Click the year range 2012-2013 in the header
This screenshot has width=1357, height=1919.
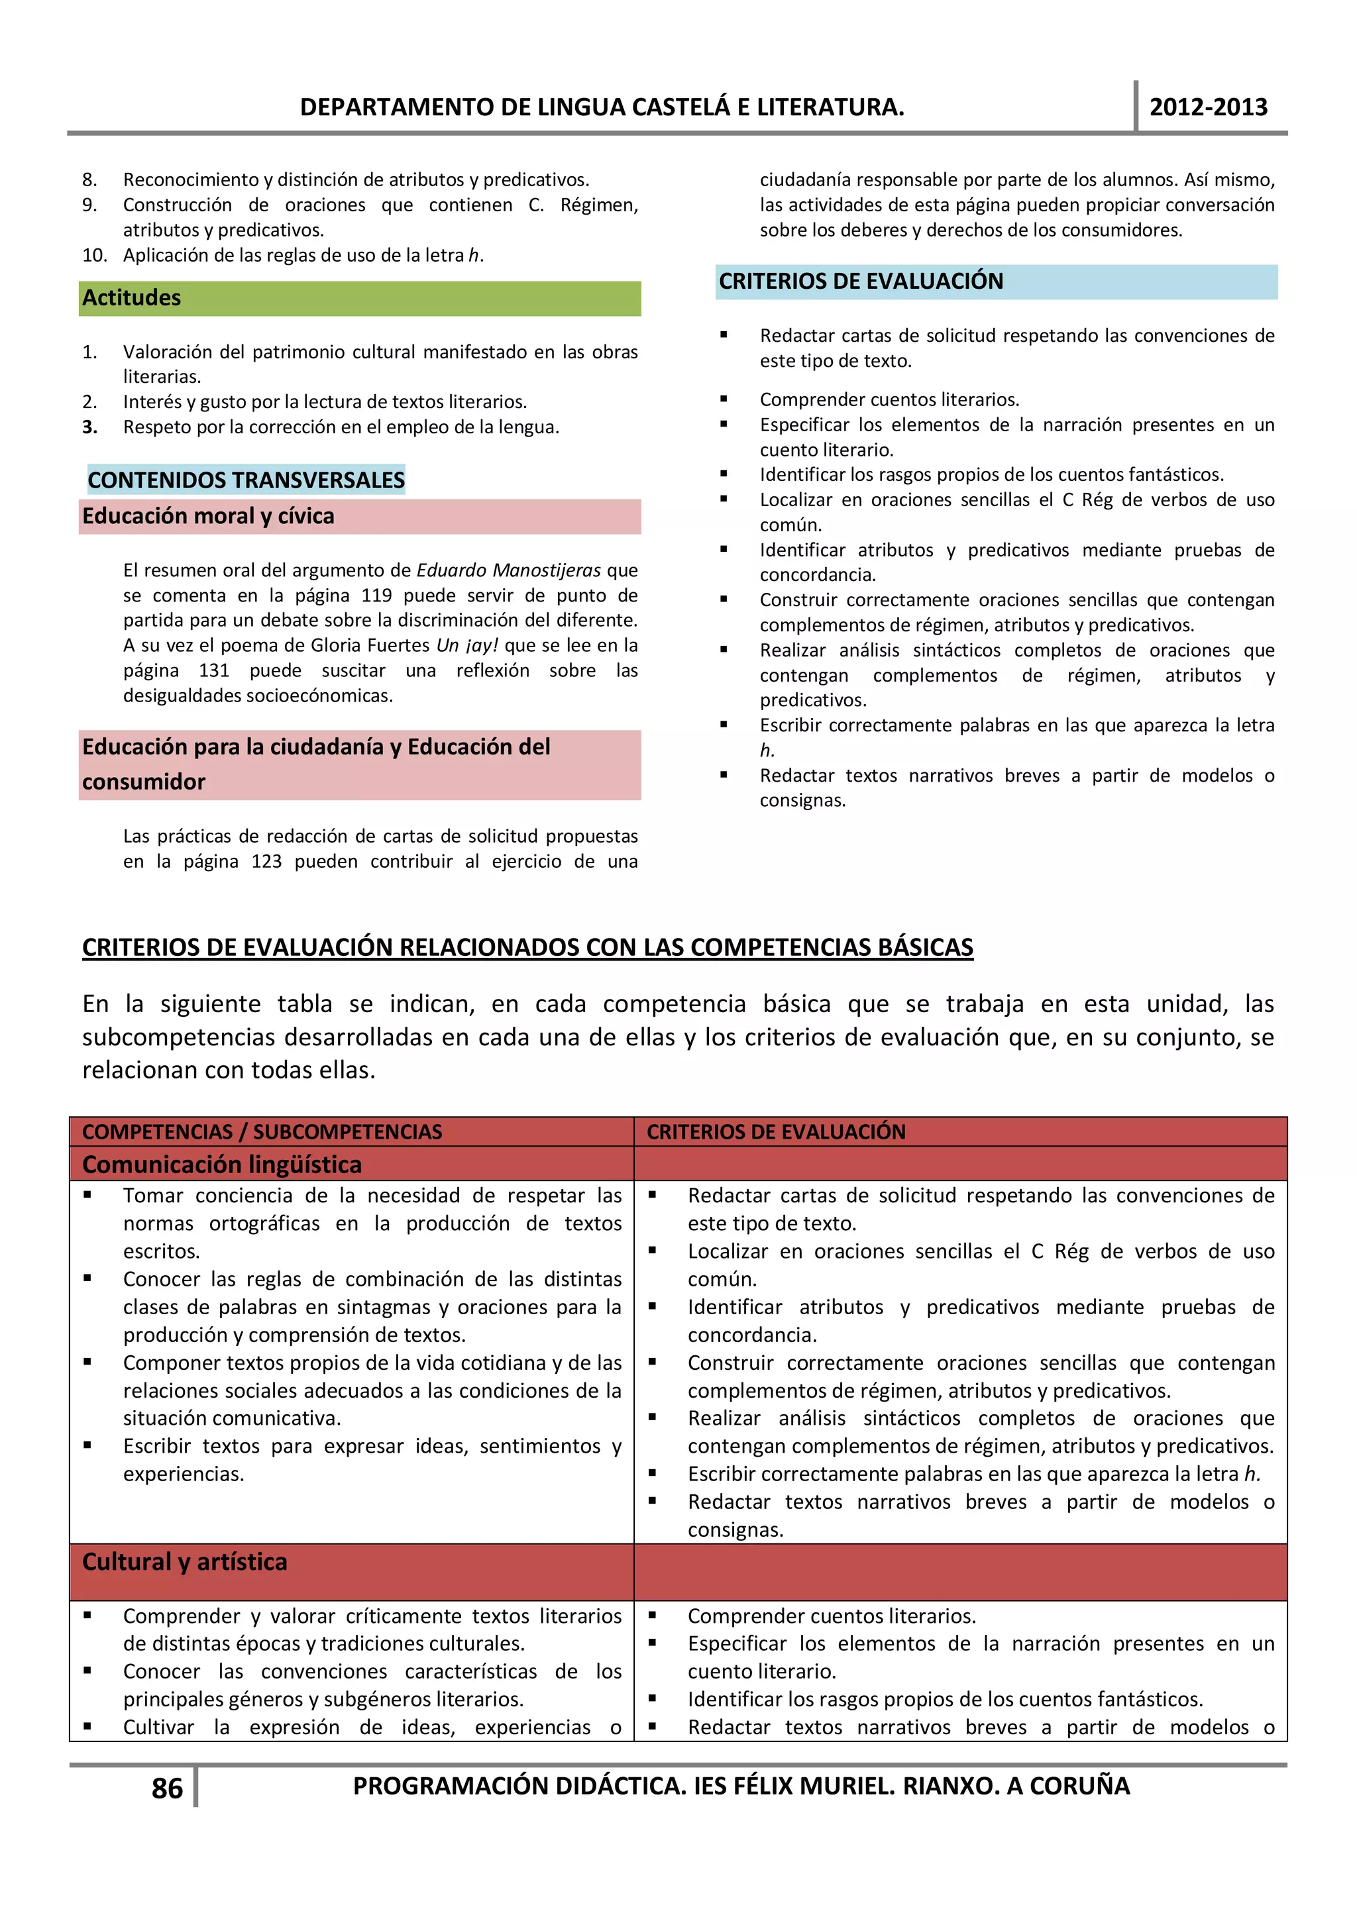pyautogui.click(x=1207, y=107)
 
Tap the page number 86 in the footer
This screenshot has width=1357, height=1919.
pyautogui.click(x=167, y=1788)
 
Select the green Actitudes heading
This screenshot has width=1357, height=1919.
pyautogui.click(x=131, y=298)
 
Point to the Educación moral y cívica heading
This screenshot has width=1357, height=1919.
pyautogui.click(x=208, y=517)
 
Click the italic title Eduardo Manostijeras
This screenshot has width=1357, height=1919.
pyautogui.click(x=508, y=570)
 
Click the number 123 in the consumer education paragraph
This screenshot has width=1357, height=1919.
pyautogui.click(x=267, y=861)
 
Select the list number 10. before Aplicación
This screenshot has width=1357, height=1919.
pyautogui.click(x=95, y=255)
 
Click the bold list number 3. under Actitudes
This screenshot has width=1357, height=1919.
pyautogui.click(x=89, y=427)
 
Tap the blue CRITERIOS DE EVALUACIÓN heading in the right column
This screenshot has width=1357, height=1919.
pyautogui.click(x=861, y=282)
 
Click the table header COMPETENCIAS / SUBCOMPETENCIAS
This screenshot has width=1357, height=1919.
pyautogui.click(x=262, y=1131)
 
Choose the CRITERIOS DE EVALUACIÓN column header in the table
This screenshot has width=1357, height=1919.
pyautogui.click(x=776, y=1131)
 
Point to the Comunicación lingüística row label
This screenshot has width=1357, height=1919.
pyautogui.click(x=221, y=1165)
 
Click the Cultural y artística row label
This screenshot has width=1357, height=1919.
pyautogui.click(x=185, y=1561)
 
